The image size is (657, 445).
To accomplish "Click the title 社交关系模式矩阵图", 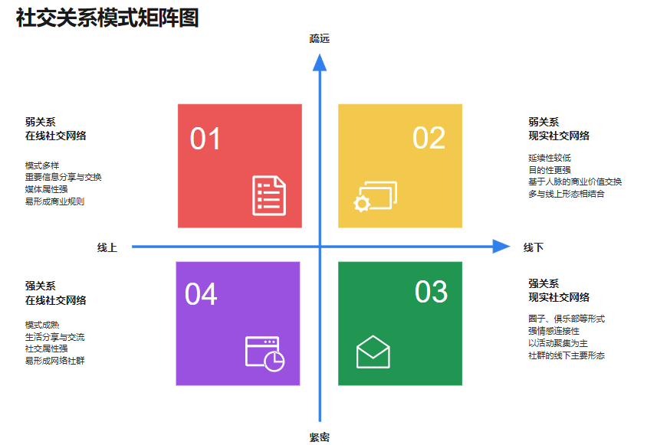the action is (x=107, y=18).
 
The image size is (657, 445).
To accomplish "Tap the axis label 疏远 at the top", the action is (x=320, y=38).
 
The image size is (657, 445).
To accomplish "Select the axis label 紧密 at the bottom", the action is (x=320, y=437).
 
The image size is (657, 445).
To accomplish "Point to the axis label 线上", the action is (x=107, y=247).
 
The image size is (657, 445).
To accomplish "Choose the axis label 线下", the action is (x=534, y=247).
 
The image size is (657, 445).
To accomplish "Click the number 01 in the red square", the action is (x=205, y=139).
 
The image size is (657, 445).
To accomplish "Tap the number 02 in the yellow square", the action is (x=429, y=138).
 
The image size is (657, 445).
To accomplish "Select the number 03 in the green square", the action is (x=431, y=292).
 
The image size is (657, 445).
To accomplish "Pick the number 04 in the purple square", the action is (x=201, y=294).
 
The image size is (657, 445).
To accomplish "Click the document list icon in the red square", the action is (x=269, y=195).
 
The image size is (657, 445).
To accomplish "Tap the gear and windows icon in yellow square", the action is (x=375, y=196).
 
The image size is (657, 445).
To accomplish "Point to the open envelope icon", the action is (x=373, y=352).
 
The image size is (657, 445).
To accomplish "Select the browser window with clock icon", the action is (x=264, y=354).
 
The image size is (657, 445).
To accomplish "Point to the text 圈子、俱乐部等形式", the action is (x=567, y=319).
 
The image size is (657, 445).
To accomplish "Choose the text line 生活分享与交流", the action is (x=55, y=337).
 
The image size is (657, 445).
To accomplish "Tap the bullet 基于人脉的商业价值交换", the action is (x=575, y=182).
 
